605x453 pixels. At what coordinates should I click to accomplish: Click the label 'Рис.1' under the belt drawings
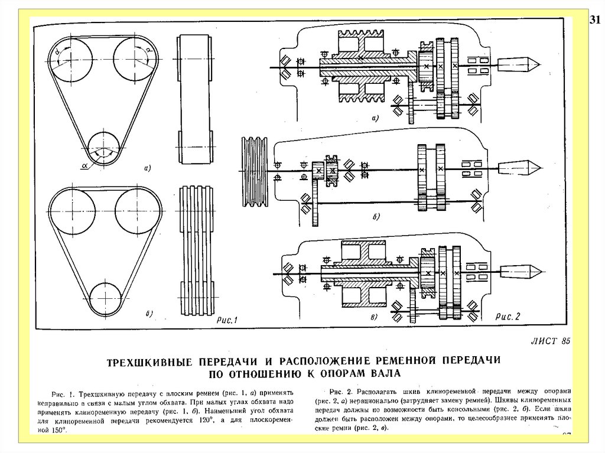coord(229,320)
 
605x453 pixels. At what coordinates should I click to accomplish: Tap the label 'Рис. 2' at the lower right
coord(507,316)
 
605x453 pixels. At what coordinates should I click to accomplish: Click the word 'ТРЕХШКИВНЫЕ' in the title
coord(147,360)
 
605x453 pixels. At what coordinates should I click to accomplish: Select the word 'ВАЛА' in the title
coord(383,373)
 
